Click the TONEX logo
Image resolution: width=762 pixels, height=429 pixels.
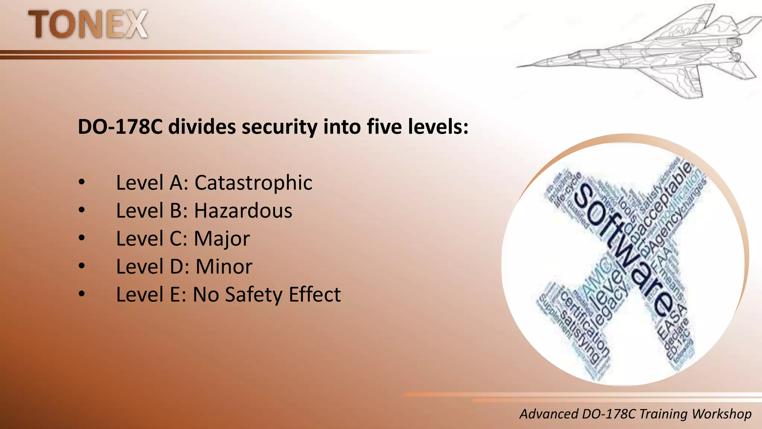point(88,25)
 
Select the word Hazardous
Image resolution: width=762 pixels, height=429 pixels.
point(243,211)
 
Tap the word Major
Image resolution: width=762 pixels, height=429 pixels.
point(222,239)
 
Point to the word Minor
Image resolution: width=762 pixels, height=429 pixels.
point(224,267)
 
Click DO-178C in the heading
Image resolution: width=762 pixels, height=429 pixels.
point(120,127)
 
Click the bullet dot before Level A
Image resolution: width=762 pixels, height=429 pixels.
point(82,182)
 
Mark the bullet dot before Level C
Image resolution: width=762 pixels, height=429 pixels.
point(82,238)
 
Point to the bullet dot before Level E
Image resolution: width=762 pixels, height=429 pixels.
point(82,294)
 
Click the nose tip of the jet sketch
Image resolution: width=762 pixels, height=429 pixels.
point(518,67)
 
